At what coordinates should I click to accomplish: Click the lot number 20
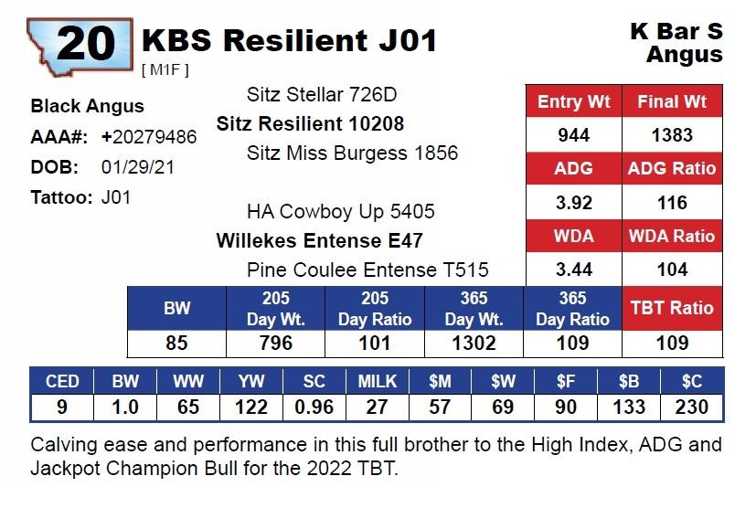[x=85, y=43]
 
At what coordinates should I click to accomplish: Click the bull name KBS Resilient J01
[x=289, y=40]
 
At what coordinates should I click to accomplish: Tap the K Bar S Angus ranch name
[x=677, y=43]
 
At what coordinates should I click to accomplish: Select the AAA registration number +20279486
[x=149, y=137]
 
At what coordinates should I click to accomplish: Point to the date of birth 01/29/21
[x=138, y=167]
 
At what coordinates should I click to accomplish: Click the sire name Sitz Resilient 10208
[x=310, y=123]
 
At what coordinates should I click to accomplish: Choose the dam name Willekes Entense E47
[x=319, y=241]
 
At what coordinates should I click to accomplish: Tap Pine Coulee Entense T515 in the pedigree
[x=367, y=270]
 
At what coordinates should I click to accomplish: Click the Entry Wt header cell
[x=573, y=101]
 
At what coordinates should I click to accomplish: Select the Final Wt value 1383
[x=672, y=135]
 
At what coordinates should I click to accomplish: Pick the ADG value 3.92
[x=573, y=203]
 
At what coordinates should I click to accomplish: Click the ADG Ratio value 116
[x=672, y=203]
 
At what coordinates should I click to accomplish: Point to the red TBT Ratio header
[x=672, y=309]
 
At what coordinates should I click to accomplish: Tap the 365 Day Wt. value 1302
[x=474, y=344]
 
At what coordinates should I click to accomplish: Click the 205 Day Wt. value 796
[x=276, y=344]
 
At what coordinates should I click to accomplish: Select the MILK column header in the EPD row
[x=377, y=381]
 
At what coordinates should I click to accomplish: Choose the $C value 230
[x=692, y=407]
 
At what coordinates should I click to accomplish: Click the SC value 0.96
[x=314, y=407]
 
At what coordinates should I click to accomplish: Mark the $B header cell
[x=629, y=381]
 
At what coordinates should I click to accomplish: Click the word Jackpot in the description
[x=61, y=470]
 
